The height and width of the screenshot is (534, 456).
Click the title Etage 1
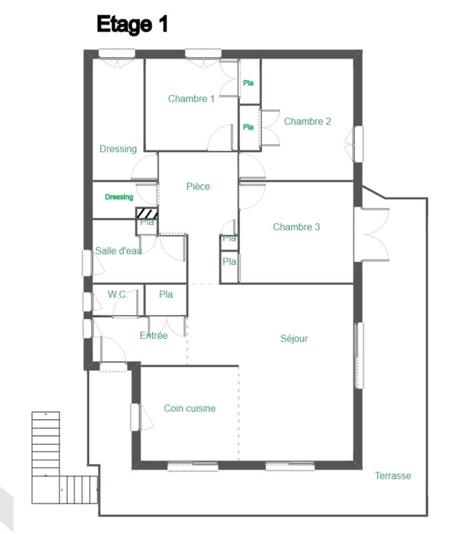coord(132,25)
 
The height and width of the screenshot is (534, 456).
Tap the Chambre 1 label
coord(191,99)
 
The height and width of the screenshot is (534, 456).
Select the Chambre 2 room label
coord(307,121)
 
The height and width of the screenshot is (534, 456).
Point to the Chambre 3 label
coord(297,227)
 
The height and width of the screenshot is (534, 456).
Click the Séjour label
coord(294,338)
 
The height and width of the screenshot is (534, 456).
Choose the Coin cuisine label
coord(190,409)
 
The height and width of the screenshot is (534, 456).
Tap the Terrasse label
coord(393,476)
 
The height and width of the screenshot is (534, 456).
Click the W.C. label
coord(118,294)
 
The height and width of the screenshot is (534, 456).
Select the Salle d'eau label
coord(118,251)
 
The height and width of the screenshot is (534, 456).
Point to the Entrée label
coord(153,336)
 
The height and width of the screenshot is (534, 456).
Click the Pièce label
coord(198,186)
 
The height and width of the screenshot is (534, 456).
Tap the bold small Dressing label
coord(119,197)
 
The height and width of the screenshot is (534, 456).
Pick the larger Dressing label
coord(118,149)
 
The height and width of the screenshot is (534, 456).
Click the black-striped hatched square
coord(147,213)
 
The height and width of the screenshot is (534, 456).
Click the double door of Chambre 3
coord(372,234)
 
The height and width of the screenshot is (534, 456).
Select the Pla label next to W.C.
coord(166,294)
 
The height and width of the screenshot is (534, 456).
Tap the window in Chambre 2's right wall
coord(358,144)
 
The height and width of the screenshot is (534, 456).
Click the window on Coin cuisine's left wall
coord(135,417)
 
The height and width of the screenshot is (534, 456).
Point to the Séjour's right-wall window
coord(359,355)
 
